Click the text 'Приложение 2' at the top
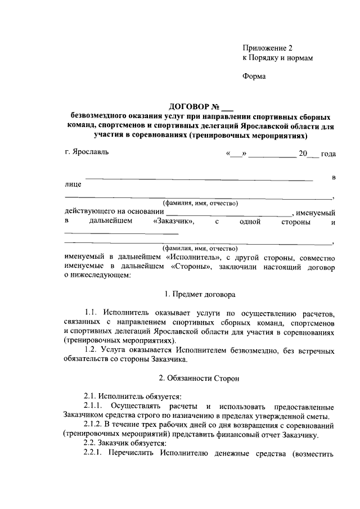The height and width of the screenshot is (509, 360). [x=268, y=48]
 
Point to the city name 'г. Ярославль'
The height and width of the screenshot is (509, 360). [x=86, y=153]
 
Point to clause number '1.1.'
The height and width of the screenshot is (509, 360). [x=92, y=313]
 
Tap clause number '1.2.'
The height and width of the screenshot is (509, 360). [x=92, y=350]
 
